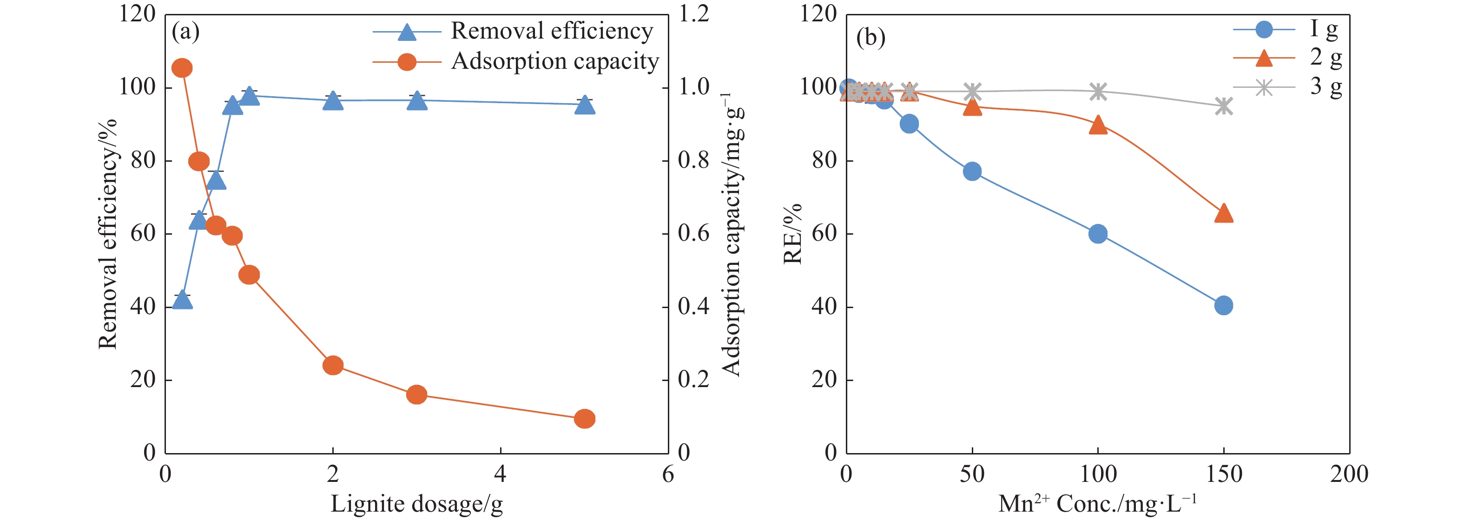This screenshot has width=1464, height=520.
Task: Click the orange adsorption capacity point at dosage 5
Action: (584, 419)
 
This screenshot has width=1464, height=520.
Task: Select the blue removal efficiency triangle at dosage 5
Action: (584, 105)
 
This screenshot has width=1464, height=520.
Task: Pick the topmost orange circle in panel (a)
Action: (182, 68)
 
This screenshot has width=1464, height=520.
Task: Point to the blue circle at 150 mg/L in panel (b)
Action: (1224, 305)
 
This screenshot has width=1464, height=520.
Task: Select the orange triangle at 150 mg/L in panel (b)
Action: (1224, 213)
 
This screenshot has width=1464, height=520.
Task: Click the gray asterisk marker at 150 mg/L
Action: (1224, 105)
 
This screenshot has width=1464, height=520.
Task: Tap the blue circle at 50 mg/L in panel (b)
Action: (972, 171)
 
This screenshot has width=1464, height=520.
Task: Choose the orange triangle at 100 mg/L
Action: (1098, 125)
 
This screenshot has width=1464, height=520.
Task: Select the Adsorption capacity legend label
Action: (554, 61)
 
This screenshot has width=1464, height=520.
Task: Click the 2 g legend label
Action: (1326, 58)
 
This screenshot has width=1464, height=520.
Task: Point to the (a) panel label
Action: (185, 31)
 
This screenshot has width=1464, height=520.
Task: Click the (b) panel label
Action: (870, 38)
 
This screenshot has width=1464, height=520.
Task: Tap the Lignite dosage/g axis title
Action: (416, 504)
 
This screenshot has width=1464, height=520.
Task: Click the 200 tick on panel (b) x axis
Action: (1349, 474)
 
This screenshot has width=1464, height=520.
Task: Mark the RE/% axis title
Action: (793, 234)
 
